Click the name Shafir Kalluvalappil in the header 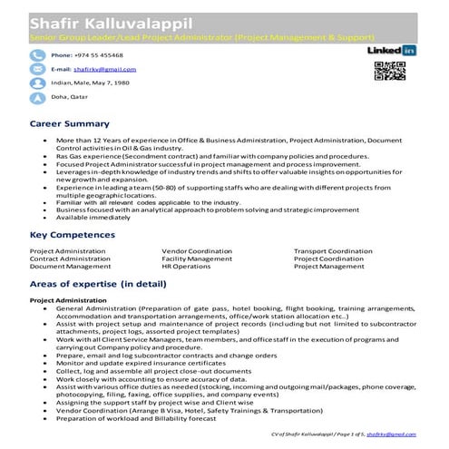pyautogui.click(x=100, y=23)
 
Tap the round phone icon pyautogui.click(x=38, y=55)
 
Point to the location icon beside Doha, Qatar pyautogui.click(x=38, y=97)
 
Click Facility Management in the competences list pyautogui.click(x=197, y=259)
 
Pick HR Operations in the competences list pyautogui.click(x=185, y=267)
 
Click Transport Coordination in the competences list pyautogui.click(x=333, y=250)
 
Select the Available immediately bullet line pyautogui.click(x=92, y=217)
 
